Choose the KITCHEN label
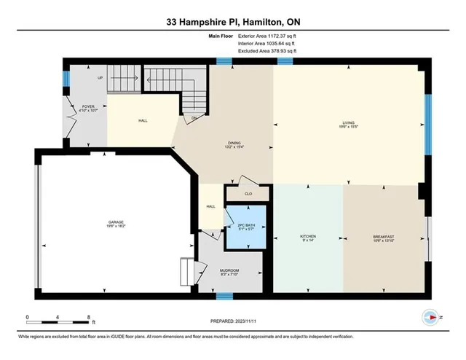(308, 237)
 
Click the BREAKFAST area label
(384, 237)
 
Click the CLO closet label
(248, 194)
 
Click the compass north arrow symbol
(430, 318)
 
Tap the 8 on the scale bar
(88, 317)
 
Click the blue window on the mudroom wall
(224, 296)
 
